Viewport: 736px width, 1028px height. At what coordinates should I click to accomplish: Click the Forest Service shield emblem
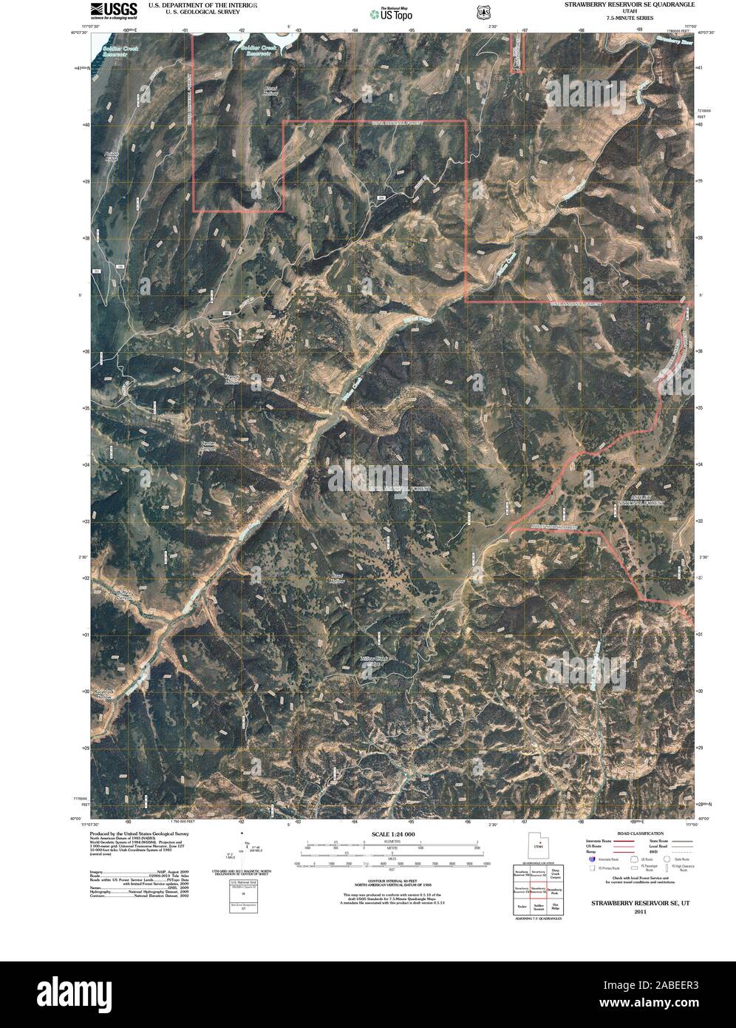point(483,13)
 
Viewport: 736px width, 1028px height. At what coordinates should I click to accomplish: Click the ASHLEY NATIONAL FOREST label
point(640,501)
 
